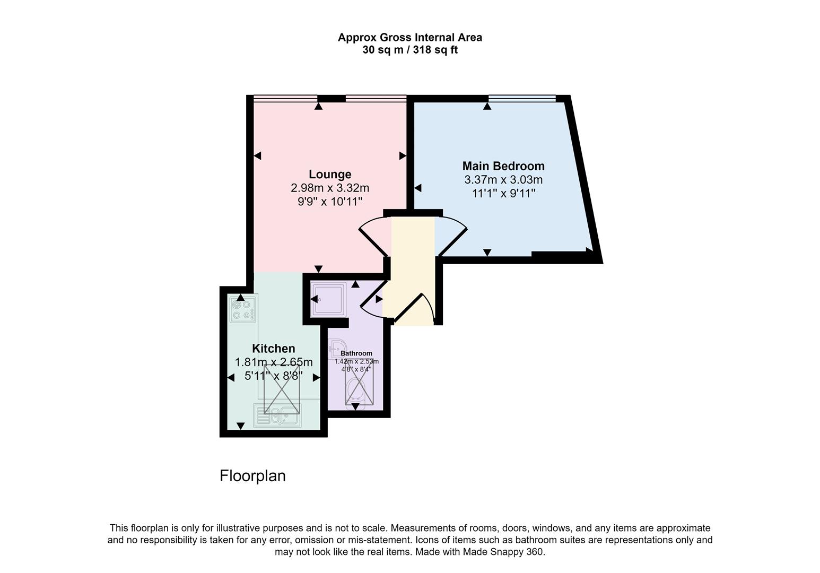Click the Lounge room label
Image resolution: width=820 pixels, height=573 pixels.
click(330, 174)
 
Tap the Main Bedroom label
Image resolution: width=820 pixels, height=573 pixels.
click(503, 166)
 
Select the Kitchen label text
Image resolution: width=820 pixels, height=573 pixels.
click(273, 349)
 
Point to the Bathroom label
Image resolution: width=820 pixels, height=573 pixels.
click(356, 353)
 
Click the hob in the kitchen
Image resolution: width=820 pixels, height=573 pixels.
click(243, 309)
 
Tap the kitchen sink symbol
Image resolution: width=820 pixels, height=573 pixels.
click(277, 415)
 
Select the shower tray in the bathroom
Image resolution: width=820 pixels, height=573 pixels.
click(328, 299)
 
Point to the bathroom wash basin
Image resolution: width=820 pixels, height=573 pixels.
click(336, 348)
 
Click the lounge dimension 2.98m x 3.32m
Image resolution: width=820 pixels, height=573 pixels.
click(330, 188)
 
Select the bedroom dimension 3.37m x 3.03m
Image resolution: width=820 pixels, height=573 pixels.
click(503, 180)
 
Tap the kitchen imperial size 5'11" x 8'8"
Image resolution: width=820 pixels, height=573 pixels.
click(273, 376)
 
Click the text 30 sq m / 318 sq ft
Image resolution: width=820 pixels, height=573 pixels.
click(409, 50)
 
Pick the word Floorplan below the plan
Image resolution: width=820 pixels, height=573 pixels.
click(252, 476)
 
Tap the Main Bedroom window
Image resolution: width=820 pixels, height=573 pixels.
click(521, 98)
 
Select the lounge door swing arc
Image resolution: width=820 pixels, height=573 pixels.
click(373, 236)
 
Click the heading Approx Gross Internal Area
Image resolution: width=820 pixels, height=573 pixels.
click(409, 38)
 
